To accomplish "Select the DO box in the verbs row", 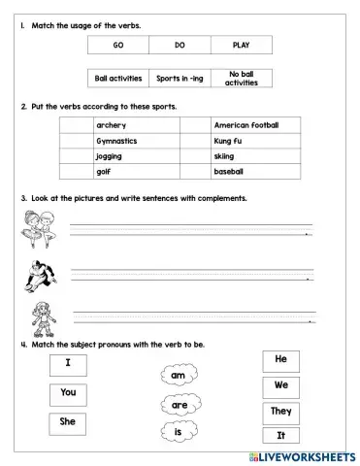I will click(x=180, y=45).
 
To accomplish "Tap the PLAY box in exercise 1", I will click(x=241, y=45).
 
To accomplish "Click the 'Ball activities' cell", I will click(x=117, y=78).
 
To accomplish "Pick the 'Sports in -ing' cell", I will click(x=179, y=78).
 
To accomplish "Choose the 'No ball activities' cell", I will click(x=241, y=78).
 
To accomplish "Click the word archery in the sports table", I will click(x=112, y=125).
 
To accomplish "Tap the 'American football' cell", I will click(x=246, y=125).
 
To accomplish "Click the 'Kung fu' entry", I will click(x=230, y=141).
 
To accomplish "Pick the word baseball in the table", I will click(x=231, y=172).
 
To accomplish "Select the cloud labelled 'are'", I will click(x=180, y=402).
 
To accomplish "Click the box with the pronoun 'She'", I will click(x=68, y=422).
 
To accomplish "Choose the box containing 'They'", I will click(x=280, y=411).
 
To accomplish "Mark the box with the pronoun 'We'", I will click(x=280, y=384).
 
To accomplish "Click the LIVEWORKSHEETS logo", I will click(x=302, y=454).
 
